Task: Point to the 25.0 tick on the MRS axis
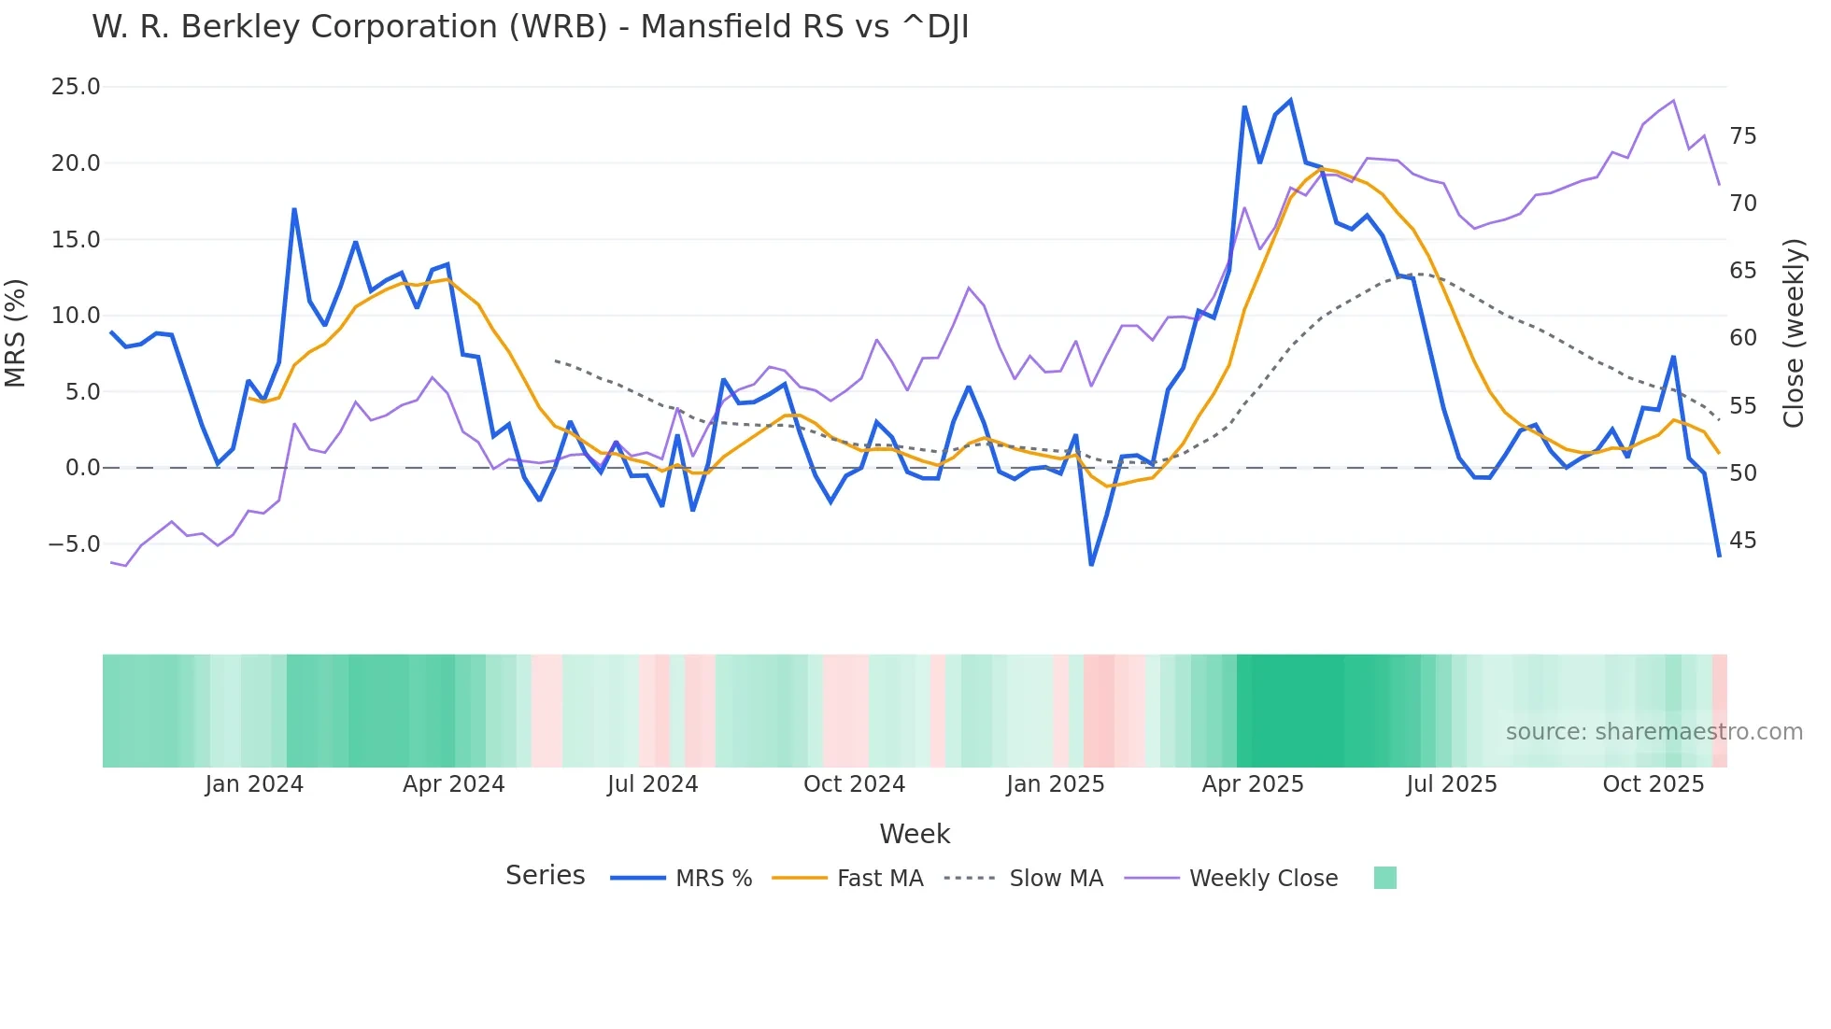click(76, 87)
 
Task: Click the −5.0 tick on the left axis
click(74, 544)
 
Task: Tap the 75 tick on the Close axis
click(1742, 136)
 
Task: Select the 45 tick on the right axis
click(1742, 541)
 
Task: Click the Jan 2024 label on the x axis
click(254, 784)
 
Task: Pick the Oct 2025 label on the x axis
click(1653, 784)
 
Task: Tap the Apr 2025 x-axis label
click(1252, 784)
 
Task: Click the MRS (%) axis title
click(16, 332)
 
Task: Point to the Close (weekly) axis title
click(1793, 332)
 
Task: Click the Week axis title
click(915, 834)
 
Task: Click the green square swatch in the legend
click(1385, 878)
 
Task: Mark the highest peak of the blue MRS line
click(1290, 100)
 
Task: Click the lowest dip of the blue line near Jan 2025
click(1091, 565)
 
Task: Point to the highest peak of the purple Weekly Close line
click(1673, 101)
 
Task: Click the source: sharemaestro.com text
click(1654, 732)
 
